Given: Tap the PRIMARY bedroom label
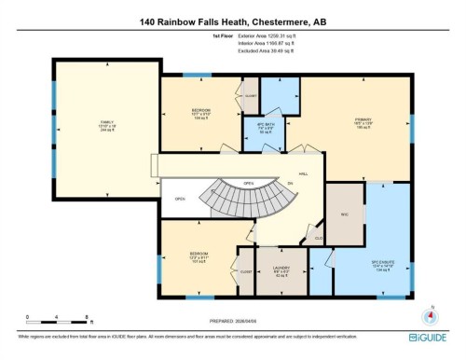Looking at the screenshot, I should tap(363, 119).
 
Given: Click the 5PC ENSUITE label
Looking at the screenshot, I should tap(385, 263).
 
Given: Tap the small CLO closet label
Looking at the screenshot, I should tap(319, 238).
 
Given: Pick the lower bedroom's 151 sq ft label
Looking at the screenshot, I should tap(199, 262).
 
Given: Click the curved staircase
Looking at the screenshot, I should tap(234, 200).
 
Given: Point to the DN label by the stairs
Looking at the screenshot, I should tap(291, 184).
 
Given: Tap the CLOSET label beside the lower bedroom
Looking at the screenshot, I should tap(246, 271).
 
